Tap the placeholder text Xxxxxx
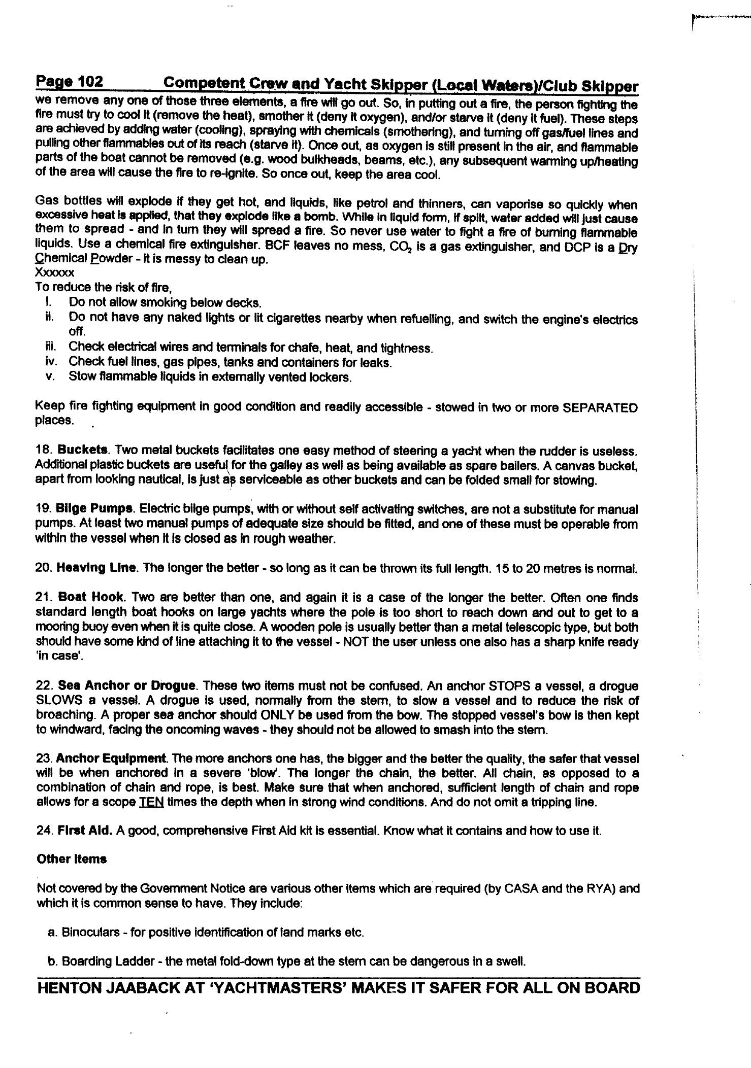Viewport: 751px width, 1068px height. coord(55,273)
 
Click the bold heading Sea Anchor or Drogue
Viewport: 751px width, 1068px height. coord(127,686)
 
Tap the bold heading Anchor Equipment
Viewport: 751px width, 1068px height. coord(111,759)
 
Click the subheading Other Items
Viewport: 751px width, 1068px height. coord(71,859)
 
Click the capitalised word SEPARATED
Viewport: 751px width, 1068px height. coord(600,407)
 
